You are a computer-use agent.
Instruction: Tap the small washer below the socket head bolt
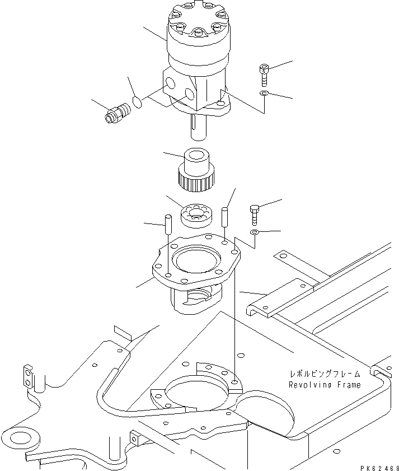(264, 93)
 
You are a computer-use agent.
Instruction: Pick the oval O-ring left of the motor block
(138, 101)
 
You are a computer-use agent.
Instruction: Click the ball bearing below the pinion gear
(194, 214)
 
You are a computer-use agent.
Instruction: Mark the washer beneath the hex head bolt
(254, 232)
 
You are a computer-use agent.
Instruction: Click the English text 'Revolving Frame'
(325, 385)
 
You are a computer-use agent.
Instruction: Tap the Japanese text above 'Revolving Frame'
(325, 374)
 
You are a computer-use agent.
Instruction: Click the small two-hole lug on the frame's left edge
(27, 376)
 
